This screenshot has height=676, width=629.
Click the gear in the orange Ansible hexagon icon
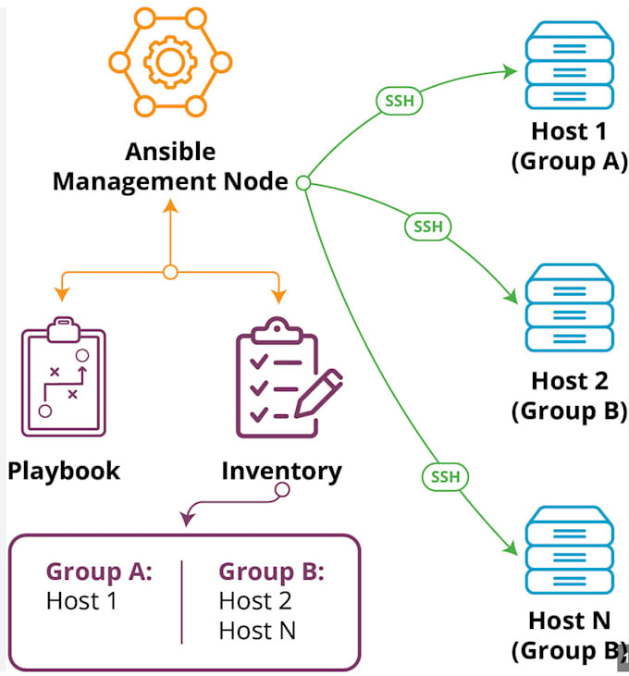170,62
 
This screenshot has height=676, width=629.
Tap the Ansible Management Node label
170,166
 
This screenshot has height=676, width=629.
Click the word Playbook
64,471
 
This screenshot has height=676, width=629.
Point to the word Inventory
281,471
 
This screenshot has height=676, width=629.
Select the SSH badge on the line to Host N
445,477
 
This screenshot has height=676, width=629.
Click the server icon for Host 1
568,68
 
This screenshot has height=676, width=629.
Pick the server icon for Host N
568,549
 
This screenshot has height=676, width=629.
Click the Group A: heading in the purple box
99,572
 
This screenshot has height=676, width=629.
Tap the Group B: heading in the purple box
271,572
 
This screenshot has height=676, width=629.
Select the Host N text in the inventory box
257,632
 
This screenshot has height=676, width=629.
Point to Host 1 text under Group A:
81,601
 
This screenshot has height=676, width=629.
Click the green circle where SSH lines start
302,184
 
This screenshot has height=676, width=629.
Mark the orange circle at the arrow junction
170,272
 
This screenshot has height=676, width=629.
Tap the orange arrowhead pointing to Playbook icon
63,294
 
